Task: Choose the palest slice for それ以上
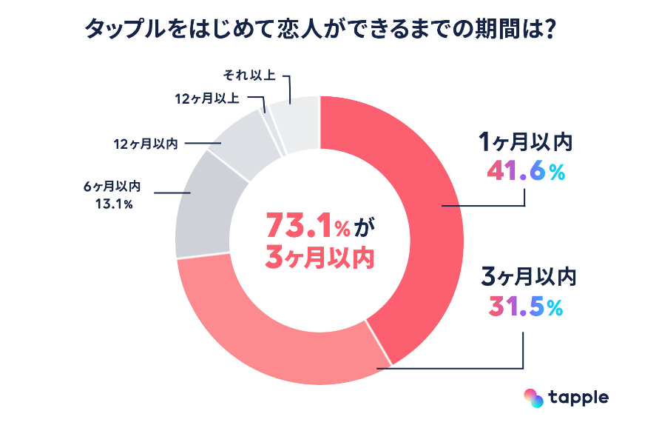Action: tap(296, 118)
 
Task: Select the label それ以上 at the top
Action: tap(249, 75)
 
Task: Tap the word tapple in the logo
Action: tap(578, 398)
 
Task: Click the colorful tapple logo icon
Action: tap(533, 398)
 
